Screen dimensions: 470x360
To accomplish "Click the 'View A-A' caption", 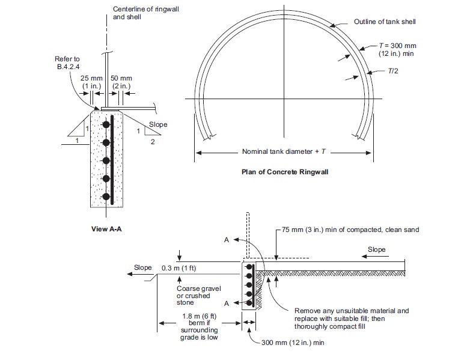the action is click(106, 229).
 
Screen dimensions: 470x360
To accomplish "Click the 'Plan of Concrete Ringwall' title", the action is click(285, 172).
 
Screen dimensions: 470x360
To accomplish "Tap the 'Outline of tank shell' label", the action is click(385, 22).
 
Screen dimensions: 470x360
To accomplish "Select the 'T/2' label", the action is click(393, 71).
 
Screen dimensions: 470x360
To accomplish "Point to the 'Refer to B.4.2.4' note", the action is click(67, 63).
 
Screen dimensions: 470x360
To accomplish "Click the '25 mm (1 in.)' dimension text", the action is click(91, 82).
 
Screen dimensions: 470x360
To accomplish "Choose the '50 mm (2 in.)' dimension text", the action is click(121, 82).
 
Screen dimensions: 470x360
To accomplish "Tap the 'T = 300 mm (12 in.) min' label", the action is click(397, 50).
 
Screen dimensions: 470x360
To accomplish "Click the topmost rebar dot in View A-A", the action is click(106, 124).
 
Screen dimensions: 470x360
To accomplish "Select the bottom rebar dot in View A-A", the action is click(106, 197).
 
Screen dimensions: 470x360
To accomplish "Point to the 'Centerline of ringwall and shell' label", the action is click(145, 13).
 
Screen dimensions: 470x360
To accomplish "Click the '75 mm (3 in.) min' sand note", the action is click(350, 230).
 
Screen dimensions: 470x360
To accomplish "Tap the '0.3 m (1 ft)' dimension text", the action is click(179, 268).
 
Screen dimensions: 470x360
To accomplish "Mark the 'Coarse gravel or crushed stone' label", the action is click(198, 296).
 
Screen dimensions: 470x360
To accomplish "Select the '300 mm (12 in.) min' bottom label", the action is click(293, 343).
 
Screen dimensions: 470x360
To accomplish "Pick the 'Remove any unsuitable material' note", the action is click(352, 319).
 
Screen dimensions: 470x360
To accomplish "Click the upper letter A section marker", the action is click(227, 240).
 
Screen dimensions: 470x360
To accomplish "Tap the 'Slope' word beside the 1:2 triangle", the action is click(158, 124).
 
